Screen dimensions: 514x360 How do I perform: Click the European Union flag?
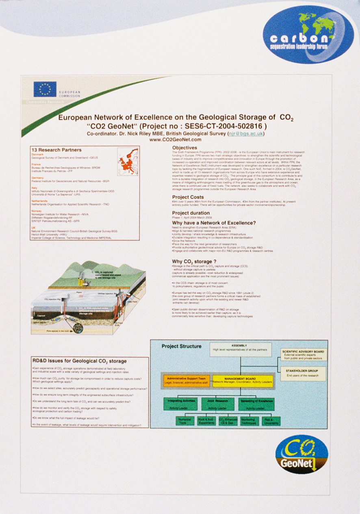click(45, 89)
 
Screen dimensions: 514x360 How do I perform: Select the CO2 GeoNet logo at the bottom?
click(301, 454)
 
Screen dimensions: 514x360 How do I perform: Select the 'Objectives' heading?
click(184, 147)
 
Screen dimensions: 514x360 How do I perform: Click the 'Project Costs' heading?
click(188, 197)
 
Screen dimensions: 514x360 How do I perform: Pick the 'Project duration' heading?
click(191, 213)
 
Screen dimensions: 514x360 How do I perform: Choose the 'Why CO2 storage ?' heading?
click(192, 261)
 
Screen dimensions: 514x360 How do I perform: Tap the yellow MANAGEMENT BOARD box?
click(243, 380)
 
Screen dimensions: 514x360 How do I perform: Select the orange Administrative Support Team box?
click(186, 380)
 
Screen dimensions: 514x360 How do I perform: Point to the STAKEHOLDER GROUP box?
click(304, 373)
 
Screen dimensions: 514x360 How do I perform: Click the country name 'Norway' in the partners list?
click(37, 211)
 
